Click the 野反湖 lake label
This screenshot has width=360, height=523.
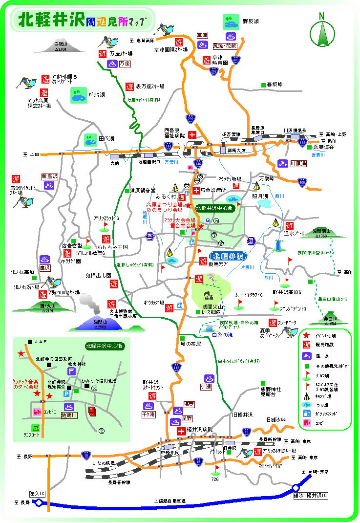click(251, 22)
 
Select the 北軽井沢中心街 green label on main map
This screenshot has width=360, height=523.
click(215, 208)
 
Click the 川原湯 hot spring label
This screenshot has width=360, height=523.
click(298, 164)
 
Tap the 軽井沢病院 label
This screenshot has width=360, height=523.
click(200, 430)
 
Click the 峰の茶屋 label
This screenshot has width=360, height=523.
click(190, 344)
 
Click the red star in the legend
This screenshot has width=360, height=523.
click(307, 335)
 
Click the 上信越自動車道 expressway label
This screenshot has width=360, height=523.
click(169, 501)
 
